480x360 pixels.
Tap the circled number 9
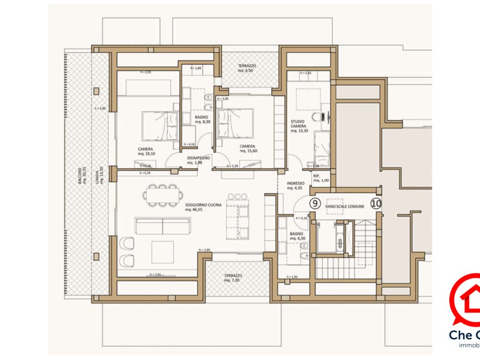click(314, 203)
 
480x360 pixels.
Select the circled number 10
click(376, 203)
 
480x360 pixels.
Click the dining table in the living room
click(161, 194)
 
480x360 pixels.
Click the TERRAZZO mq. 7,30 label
click(232, 278)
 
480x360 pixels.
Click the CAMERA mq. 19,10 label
click(145, 151)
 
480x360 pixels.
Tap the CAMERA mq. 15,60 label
click(247, 149)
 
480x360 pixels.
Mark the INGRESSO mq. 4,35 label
click(295, 187)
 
